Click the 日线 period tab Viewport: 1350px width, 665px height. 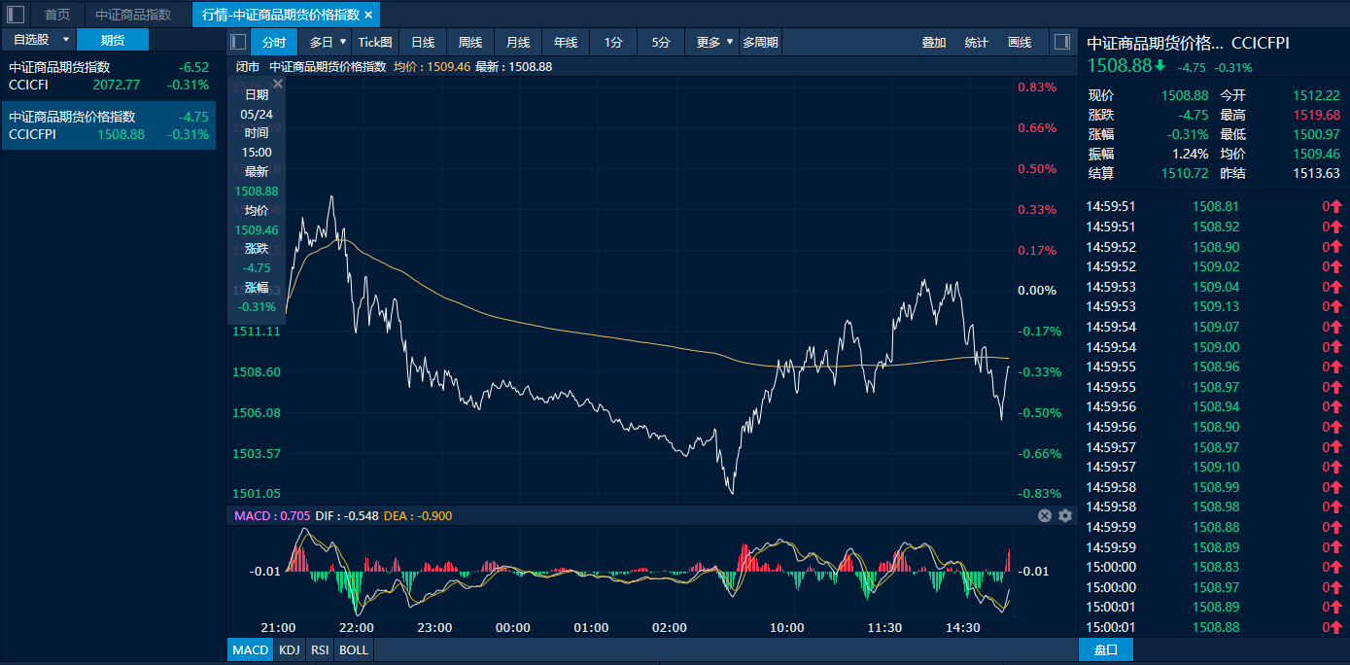click(x=422, y=42)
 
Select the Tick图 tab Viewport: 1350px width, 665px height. click(x=375, y=42)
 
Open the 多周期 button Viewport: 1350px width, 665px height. click(x=760, y=42)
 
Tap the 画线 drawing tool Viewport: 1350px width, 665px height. click(x=1020, y=42)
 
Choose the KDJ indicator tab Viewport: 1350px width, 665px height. click(x=289, y=649)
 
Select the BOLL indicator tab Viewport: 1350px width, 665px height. click(x=354, y=649)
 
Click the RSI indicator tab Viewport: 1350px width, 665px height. click(x=319, y=649)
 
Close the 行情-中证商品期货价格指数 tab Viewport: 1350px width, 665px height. click(x=368, y=15)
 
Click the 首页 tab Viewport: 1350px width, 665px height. click(x=57, y=15)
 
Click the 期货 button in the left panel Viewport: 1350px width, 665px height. click(x=113, y=40)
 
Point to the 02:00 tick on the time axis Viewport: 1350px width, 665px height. click(x=670, y=627)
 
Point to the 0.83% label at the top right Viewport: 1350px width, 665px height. click(x=1037, y=87)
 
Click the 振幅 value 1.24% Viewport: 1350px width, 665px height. click(x=1192, y=154)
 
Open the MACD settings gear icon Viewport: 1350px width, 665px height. click(x=1064, y=515)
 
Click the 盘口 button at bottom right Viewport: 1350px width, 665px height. click(x=1106, y=649)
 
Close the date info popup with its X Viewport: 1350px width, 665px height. click(x=277, y=85)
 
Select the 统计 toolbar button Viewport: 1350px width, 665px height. click(x=976, y=42)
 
